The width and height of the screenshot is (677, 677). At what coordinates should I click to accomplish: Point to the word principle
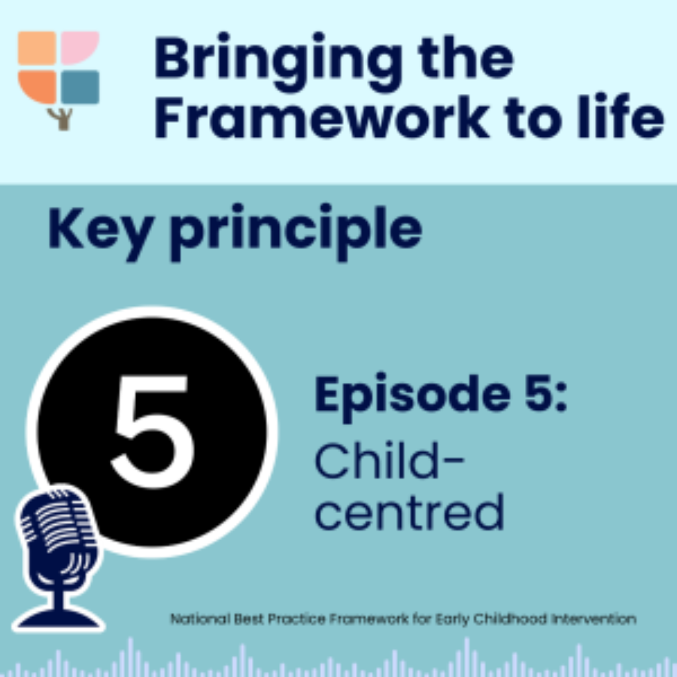coord(296,232)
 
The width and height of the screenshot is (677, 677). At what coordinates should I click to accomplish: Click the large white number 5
coord(153,431)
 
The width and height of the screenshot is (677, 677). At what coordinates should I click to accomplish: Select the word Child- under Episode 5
coord(389,460)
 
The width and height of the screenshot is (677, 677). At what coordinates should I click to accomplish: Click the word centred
coord(409,512)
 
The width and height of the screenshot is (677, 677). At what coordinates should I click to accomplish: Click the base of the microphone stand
coord(59,618)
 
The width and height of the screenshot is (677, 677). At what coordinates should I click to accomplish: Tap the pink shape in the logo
coord(79,48)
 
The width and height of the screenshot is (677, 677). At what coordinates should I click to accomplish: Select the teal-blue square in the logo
coord(80,87)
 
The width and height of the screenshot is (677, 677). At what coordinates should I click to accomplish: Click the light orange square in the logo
coord(37,48)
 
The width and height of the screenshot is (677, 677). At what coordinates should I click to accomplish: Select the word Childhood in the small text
coord(510,619)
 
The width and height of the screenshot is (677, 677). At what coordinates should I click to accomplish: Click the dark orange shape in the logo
coord(37,87)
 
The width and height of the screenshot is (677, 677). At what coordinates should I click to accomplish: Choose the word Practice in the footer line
coord(297,619)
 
